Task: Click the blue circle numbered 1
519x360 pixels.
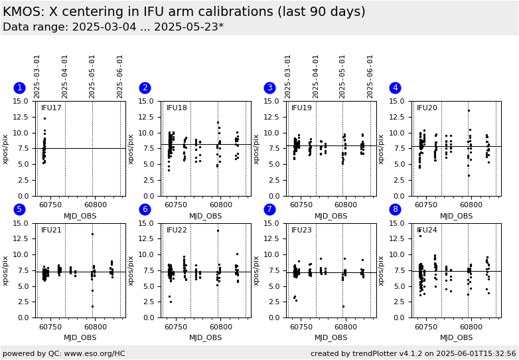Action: pos(19,88)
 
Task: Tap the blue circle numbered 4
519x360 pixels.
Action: pos(395,88)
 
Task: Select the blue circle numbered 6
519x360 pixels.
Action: pos(145,210)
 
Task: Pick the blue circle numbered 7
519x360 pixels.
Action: pos(269,210)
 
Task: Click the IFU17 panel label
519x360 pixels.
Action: pos(51,108)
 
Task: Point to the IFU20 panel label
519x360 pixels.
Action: pos(427,108)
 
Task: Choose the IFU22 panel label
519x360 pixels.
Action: pos(177,230)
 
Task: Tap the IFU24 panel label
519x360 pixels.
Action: pos(427,230)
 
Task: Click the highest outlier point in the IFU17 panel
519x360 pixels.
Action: pos(44,118)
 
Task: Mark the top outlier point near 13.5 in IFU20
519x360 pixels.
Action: pos(469,111)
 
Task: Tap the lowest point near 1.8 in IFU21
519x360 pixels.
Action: pos(92,306)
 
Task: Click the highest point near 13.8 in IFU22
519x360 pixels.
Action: pos(218,230)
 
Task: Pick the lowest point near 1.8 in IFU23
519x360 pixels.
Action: pos(343,306)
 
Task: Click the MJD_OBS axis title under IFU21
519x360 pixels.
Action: pos(80,338)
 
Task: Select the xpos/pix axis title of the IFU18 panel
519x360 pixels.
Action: pos(131,149)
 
